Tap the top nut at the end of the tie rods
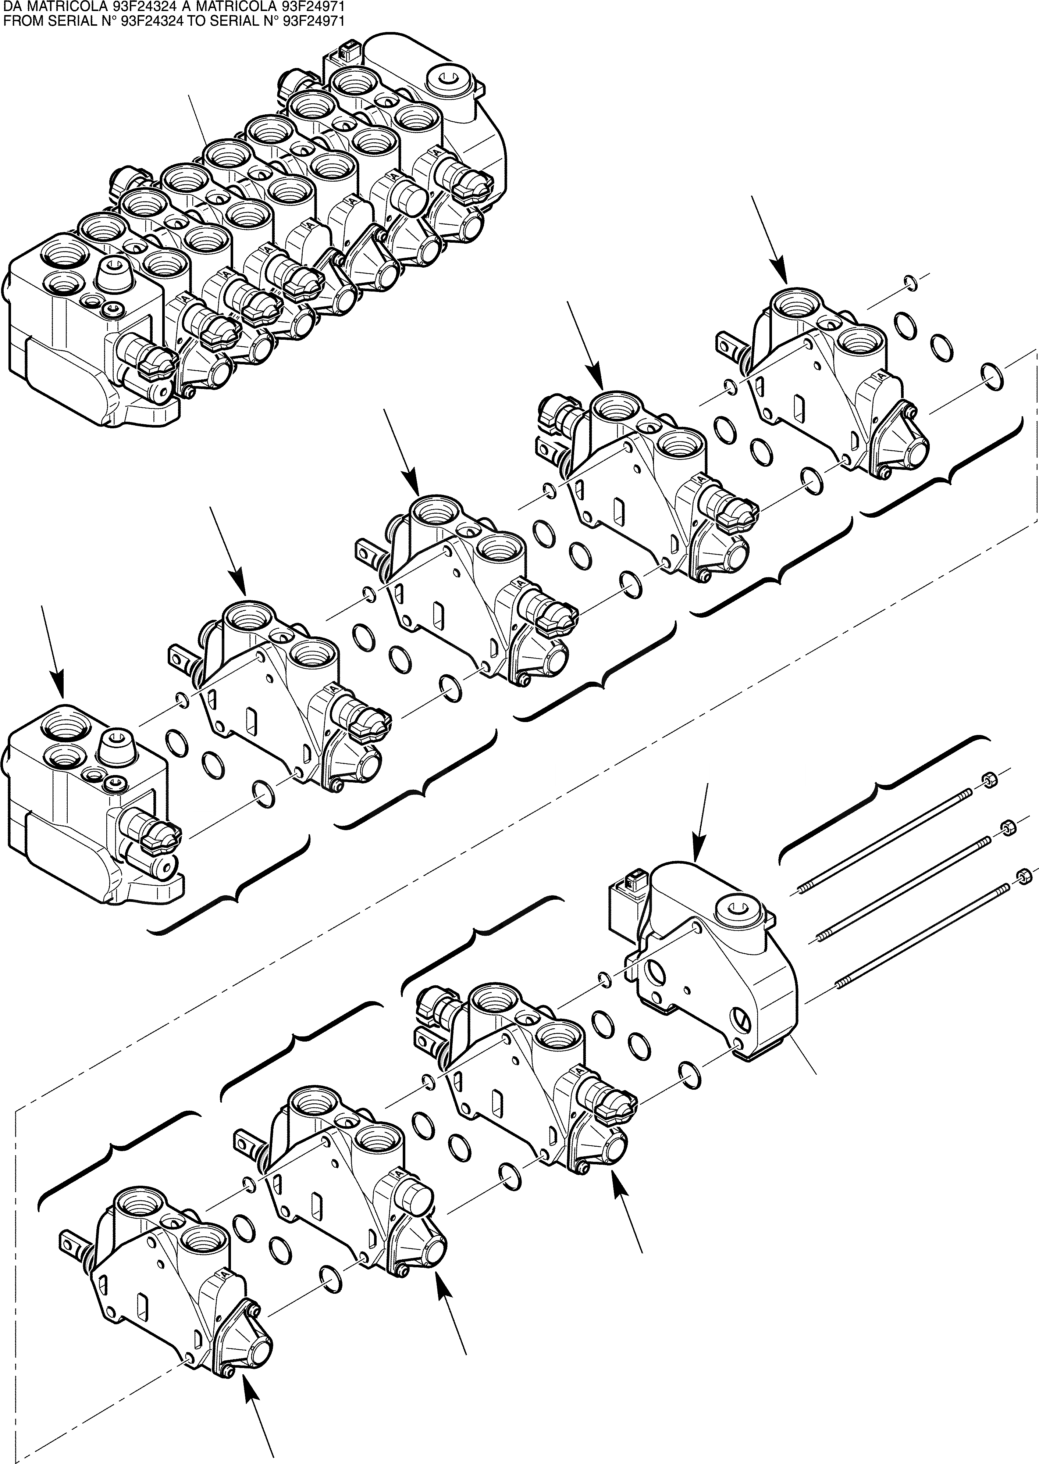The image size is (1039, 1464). click(x=987, y=780)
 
